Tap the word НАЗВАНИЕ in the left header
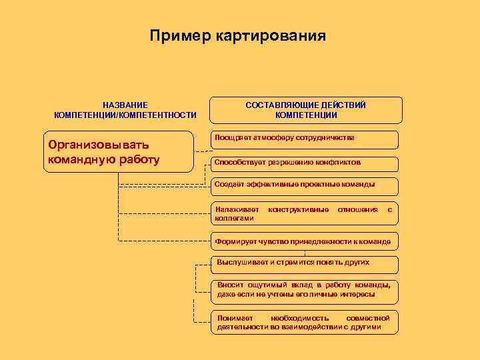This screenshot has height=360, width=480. [x=125, y=105]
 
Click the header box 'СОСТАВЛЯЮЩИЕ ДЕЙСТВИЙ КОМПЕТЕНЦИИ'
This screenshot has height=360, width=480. [x=306, y=110]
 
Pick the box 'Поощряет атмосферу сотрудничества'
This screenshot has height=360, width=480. [x=305, y=139]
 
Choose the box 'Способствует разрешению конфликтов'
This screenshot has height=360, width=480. [x=305, y=163]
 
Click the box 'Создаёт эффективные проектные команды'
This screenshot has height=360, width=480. [x=305, y=185]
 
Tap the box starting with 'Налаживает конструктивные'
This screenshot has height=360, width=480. [x=305, y=213]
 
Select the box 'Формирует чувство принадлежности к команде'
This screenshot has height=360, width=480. [x=305, y=240]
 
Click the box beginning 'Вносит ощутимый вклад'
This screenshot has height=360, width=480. [x=305, y=289]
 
